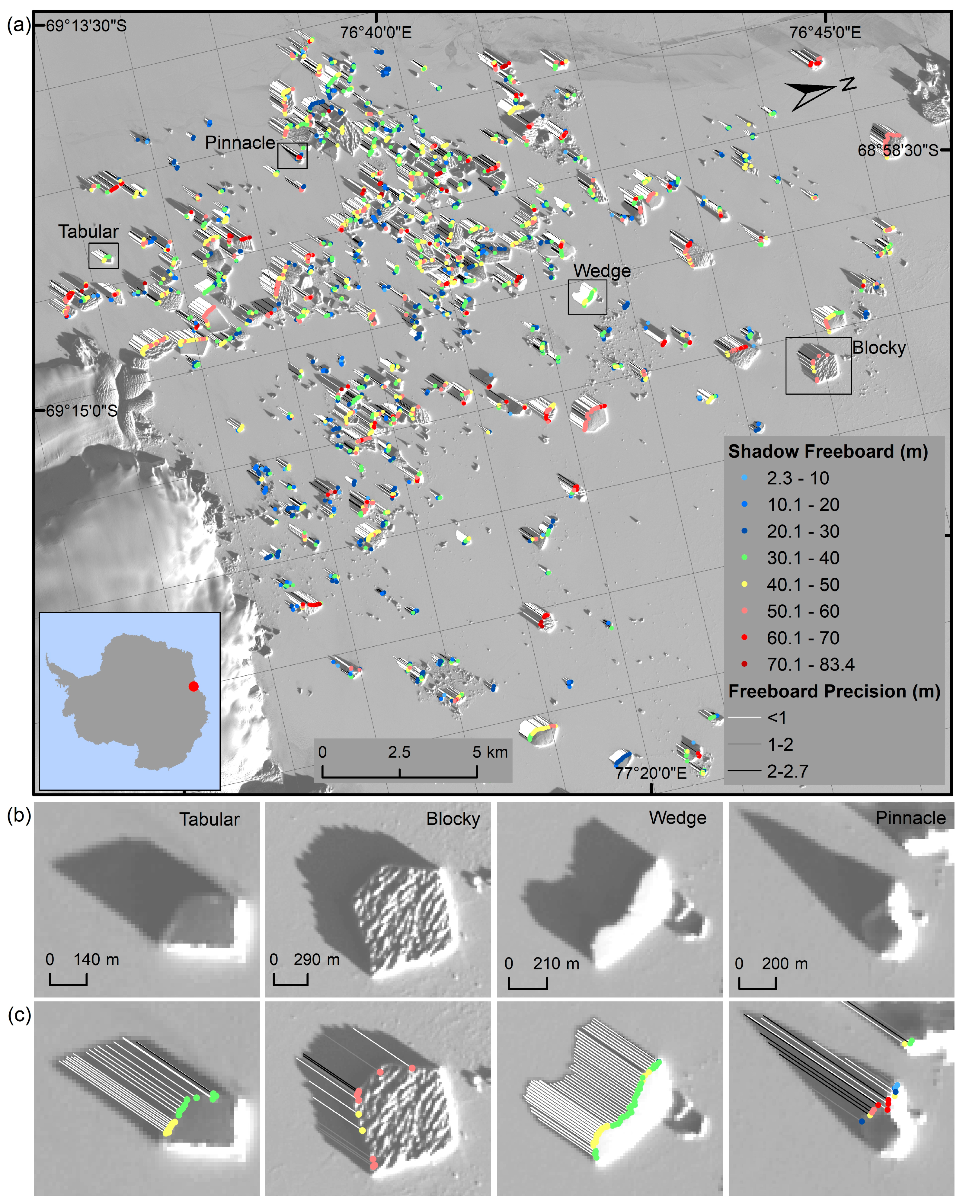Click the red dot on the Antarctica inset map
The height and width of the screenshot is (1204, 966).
click(193, 686)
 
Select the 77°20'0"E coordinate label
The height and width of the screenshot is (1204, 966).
click(651, 773)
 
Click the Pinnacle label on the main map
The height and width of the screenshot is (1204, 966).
click(240, 143)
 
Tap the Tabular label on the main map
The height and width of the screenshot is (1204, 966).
click(88, 232)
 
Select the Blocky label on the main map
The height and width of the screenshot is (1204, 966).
click(878, 348)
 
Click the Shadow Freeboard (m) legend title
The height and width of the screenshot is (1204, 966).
click(827, 451)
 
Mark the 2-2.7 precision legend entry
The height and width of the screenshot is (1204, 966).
click(787, 771)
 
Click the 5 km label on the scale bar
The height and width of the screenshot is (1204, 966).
click(490, 752)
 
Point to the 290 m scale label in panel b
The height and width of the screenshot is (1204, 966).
click(317, 959)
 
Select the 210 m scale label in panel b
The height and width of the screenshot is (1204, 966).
click(555, 963)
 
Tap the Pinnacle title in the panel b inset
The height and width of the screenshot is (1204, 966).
click(910, 818)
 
